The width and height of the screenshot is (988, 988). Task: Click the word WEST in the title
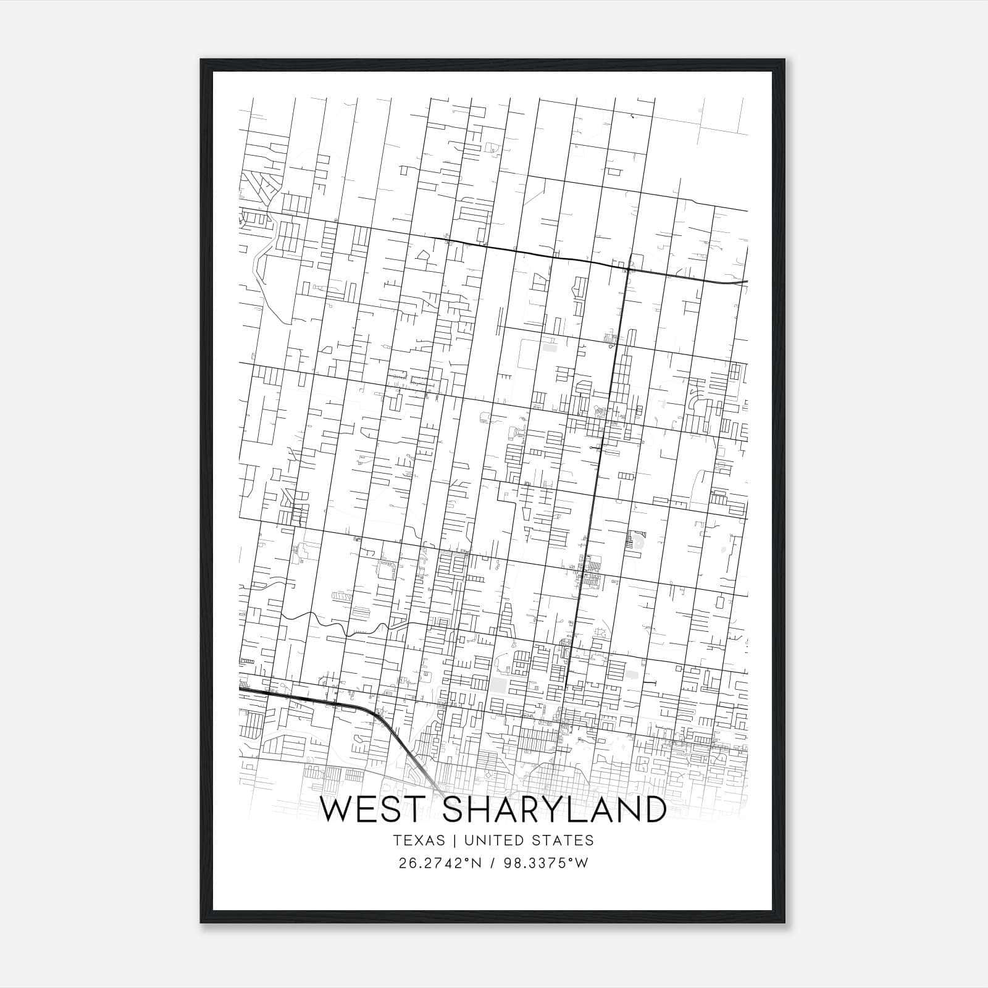point(376,810)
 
